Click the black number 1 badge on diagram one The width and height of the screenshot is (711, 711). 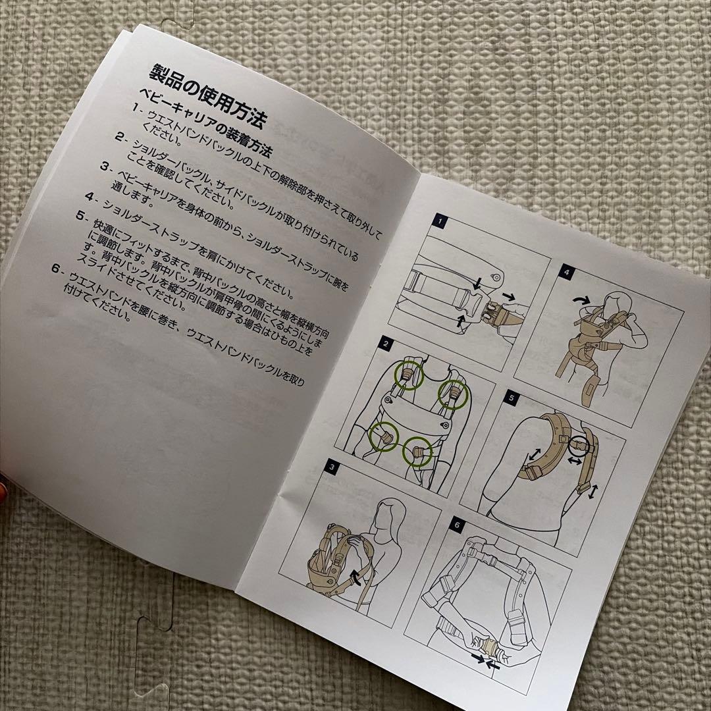[440, 222]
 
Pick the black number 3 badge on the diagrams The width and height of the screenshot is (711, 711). [332, 468]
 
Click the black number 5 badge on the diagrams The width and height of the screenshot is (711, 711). [512, 397]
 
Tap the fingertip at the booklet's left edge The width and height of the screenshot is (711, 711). [3, 485]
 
